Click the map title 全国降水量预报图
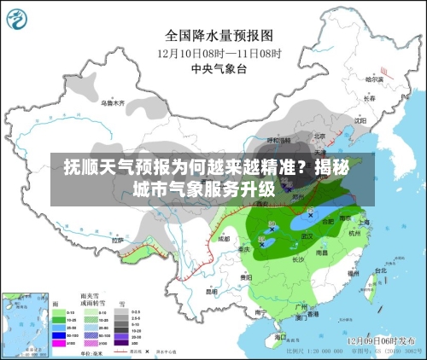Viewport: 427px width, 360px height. click(x=219, y=36)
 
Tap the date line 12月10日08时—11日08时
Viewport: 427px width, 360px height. click(x=219, y=52)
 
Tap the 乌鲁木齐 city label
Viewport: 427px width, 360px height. click(x=112, y=103)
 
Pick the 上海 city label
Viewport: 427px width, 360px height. click(x=363, y=221)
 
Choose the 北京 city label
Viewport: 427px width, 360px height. click(x=319, y=135)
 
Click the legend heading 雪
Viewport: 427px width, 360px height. click(x=122, y=303)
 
